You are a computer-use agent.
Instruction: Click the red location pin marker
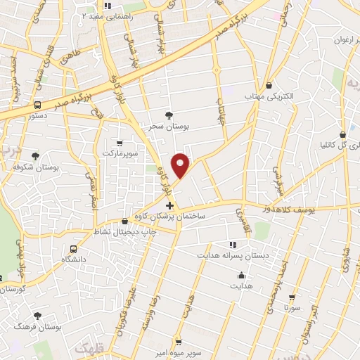click(x=182, y=165)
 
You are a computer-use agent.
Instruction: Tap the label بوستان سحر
click(x=168, y=127)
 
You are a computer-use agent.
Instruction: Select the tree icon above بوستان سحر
click(x=168, y=115)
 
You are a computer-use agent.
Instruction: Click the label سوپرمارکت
click(x=118, y=153)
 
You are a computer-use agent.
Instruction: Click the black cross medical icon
click(x=169, y=206)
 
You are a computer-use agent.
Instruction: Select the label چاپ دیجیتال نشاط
click(x=124, y=231)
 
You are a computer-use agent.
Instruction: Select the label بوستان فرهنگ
click(x=37, y=327)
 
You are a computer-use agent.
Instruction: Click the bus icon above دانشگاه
click(x=74, y=249)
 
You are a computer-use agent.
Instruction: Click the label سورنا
click(x=292, y=307)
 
